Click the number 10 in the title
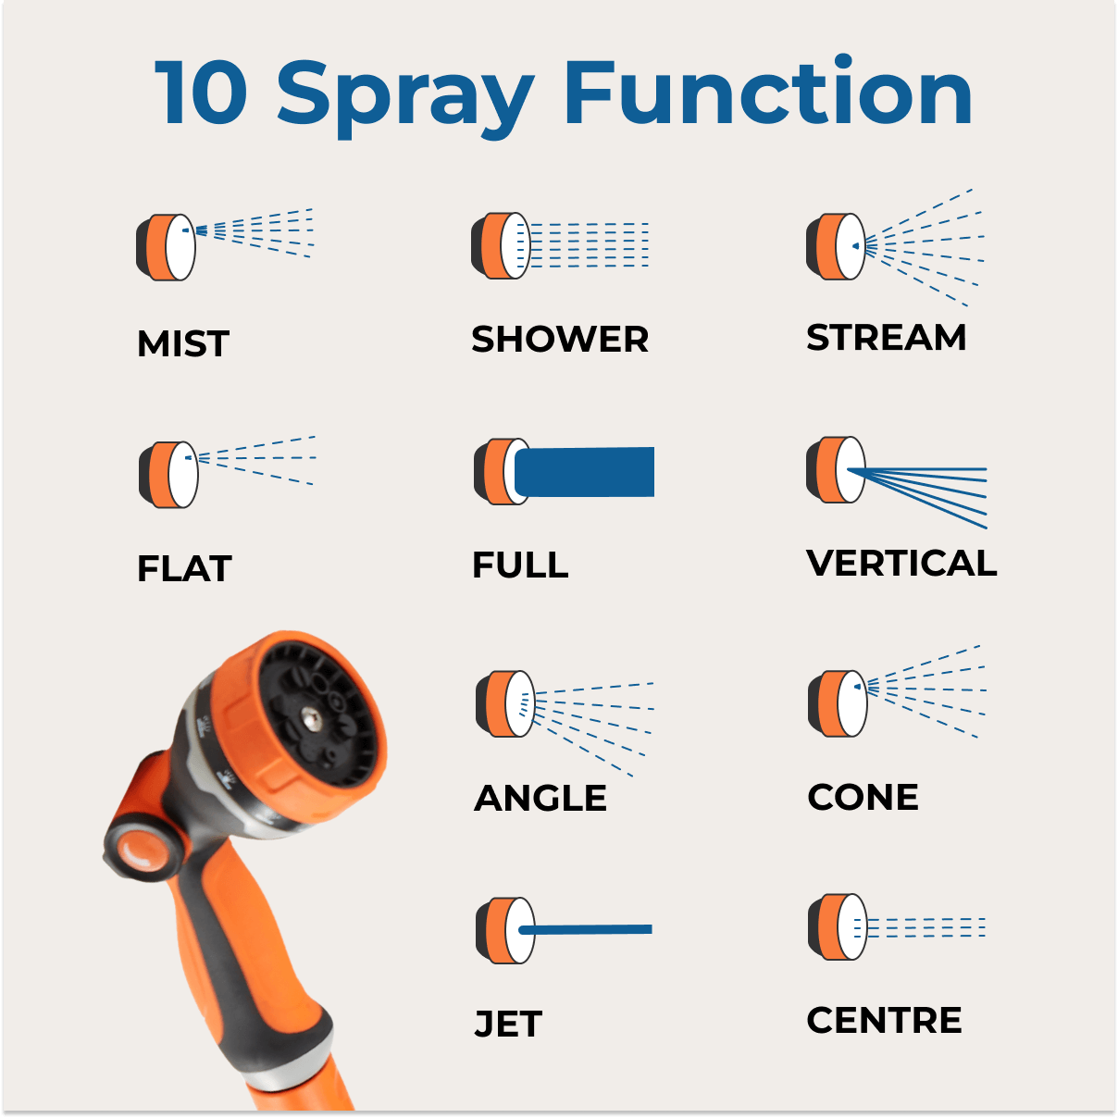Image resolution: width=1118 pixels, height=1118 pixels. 202,93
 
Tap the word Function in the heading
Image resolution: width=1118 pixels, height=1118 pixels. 768,90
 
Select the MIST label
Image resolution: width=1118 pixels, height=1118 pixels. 183,343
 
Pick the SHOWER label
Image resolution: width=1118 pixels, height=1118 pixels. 560,339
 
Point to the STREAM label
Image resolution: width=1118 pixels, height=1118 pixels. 887,337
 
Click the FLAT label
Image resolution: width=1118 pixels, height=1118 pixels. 184,568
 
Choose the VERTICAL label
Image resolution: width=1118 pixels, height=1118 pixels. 901,563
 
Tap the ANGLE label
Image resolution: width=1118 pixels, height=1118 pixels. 540,798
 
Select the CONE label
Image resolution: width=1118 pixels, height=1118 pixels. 863,797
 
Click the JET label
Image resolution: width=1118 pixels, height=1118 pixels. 508,1024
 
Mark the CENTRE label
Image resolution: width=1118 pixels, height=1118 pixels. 884,1020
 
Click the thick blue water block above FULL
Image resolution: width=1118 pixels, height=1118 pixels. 584,472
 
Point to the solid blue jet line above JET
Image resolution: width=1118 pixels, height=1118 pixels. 586,929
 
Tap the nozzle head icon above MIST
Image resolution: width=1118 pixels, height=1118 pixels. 166,248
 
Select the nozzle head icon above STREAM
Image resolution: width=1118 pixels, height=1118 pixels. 836,246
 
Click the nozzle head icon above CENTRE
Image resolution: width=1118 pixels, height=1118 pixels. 838,926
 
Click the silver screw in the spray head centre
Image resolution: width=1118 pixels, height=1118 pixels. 312,720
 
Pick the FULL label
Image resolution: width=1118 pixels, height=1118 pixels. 520,565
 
